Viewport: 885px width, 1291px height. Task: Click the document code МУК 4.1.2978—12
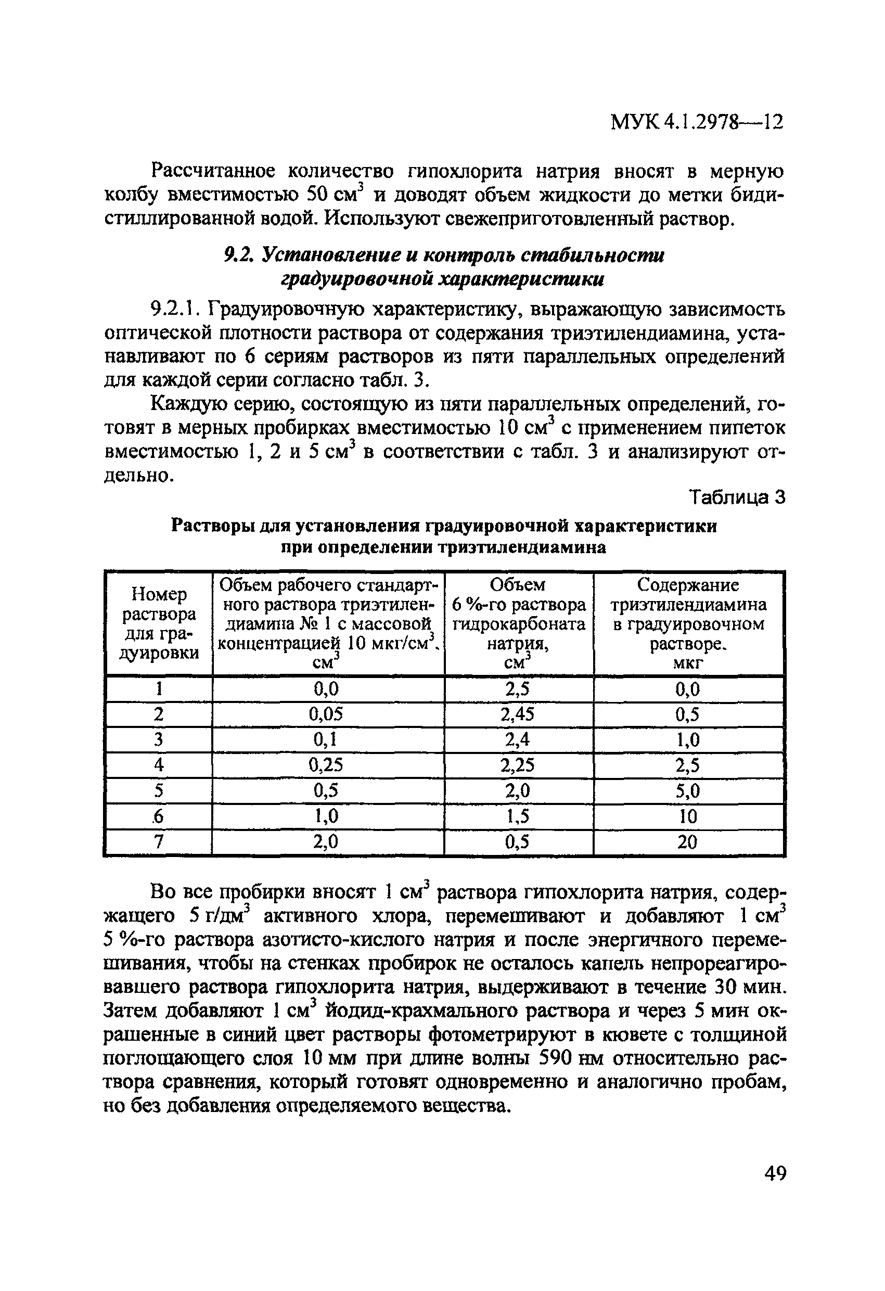(x=697, y=122)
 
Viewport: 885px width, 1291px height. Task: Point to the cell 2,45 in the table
(x=518, y=714)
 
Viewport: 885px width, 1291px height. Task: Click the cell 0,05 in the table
(x=326, y=714)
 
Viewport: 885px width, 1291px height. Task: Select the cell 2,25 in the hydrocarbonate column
(x=518, y=765)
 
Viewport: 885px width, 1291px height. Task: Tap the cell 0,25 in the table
(x=326, y=765)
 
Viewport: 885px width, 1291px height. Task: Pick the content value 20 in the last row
(x=687, y=842)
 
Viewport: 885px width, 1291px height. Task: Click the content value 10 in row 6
(x=687, y=816)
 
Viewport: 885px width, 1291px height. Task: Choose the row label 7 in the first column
(x=159, y=842)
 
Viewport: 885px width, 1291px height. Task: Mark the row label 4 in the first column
(x=159, y=765)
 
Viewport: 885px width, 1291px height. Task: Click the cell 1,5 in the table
(x=518, y=816)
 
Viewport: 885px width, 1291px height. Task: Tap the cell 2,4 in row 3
(x=518, y=740)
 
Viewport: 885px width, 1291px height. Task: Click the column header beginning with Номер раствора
(x=159, y=623)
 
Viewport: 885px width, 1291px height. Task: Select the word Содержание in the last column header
(x=688, y=585)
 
